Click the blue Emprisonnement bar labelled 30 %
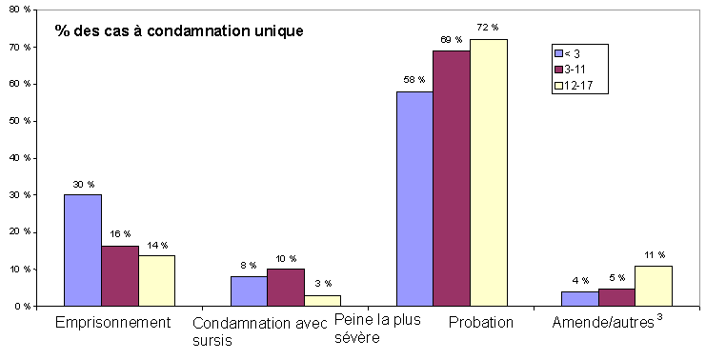[83, 250]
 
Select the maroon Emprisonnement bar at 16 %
[120, 276]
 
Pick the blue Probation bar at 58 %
[415, 199]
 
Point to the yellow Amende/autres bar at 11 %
[655, 286]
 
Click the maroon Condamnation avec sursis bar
[286, 288]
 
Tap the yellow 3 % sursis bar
[323, 301]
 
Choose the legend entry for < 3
[578, 53]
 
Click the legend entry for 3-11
[579, 70]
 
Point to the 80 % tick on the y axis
[20, 10]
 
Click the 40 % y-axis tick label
[20, 158]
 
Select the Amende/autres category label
[605, 323]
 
